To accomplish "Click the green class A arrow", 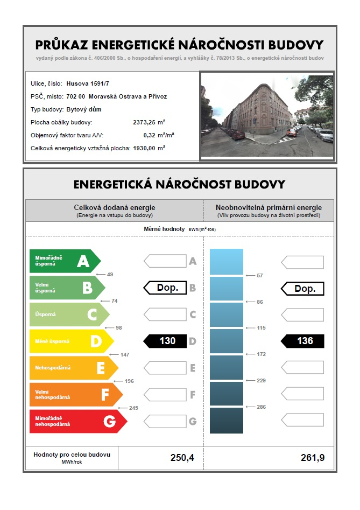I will [x=65, y=261].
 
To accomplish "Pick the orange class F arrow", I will [x=76, y=395].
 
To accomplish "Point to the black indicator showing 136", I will [x=302, y=341].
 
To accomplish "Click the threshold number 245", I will [x=133, y=408].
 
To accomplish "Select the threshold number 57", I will [x=260, y=275].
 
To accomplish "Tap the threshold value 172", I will [x=262, y=354].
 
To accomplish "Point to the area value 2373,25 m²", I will [x=149, y=122].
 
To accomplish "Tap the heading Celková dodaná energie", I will [x=114, y=207].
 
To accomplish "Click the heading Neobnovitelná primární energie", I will [x=269, y=207].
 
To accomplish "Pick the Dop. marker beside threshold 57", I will [x=302, y=289].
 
